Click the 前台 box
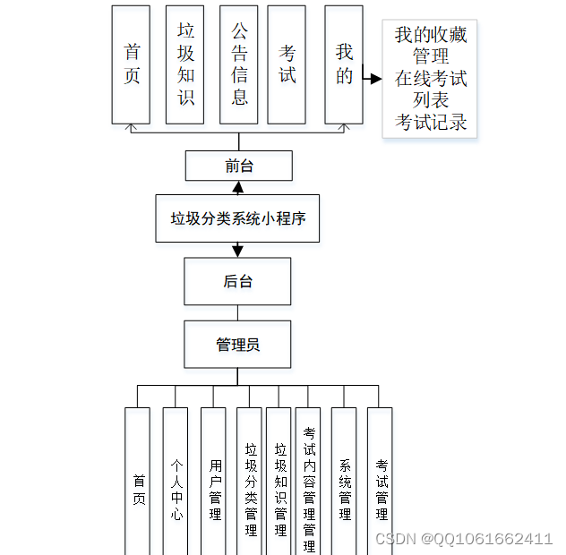[238, 166]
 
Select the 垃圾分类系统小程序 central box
[238, 218]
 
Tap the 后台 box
[237, 281]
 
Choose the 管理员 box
[237, 345]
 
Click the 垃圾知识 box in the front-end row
[185, 64]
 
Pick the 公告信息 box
[239, 64]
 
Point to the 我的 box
[344, 64]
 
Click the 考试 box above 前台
[287, 64]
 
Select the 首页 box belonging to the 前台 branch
[131, 64]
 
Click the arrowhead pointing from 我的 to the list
[374, 79]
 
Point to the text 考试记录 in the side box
[432, 122]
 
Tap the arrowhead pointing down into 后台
[237, 252]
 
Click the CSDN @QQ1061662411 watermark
[464, 538]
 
